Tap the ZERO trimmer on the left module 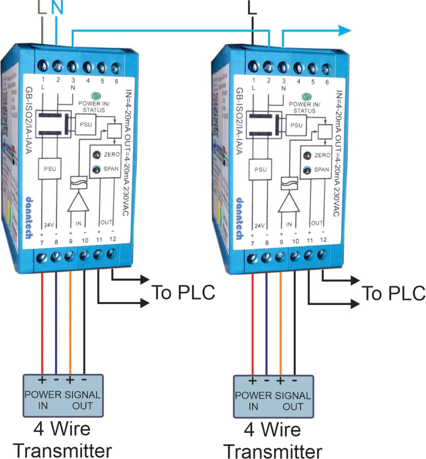(x=96, y=155)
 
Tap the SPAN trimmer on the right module (x=307, y=170)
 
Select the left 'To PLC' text (x=183, y=292)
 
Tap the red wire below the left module (x=42, y=323)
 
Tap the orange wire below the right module (x=281, y=323)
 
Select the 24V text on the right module (x=259, y=225)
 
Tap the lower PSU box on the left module (x=49, y=169)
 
